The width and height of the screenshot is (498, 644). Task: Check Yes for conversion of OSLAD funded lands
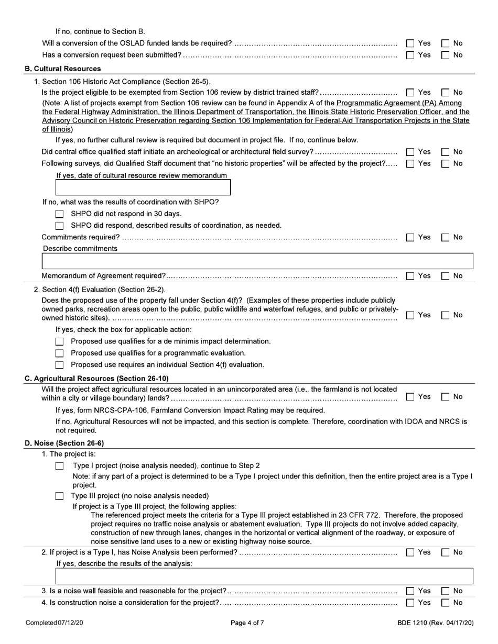point(411,43)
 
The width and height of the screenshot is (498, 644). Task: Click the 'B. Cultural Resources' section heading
point(63,69)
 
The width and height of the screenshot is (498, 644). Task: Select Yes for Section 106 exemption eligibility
point(411,93)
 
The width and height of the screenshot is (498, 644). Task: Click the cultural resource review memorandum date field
point(143,187)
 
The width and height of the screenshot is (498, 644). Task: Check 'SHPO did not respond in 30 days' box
point(60,214)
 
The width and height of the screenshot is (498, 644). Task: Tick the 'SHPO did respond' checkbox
point(60,226)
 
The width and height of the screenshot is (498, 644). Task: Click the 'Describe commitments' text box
point(257,261)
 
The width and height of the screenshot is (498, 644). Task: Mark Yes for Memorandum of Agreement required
point(411,276)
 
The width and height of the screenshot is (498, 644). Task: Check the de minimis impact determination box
point(60,342)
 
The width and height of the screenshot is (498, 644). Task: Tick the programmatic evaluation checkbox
point(60,353)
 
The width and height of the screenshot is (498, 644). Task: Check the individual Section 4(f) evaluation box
point(60,365)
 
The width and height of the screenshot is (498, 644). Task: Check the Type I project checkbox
point(60,466)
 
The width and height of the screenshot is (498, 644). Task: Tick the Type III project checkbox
point(60,496)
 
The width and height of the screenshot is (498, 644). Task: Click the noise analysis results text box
point(264,576)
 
